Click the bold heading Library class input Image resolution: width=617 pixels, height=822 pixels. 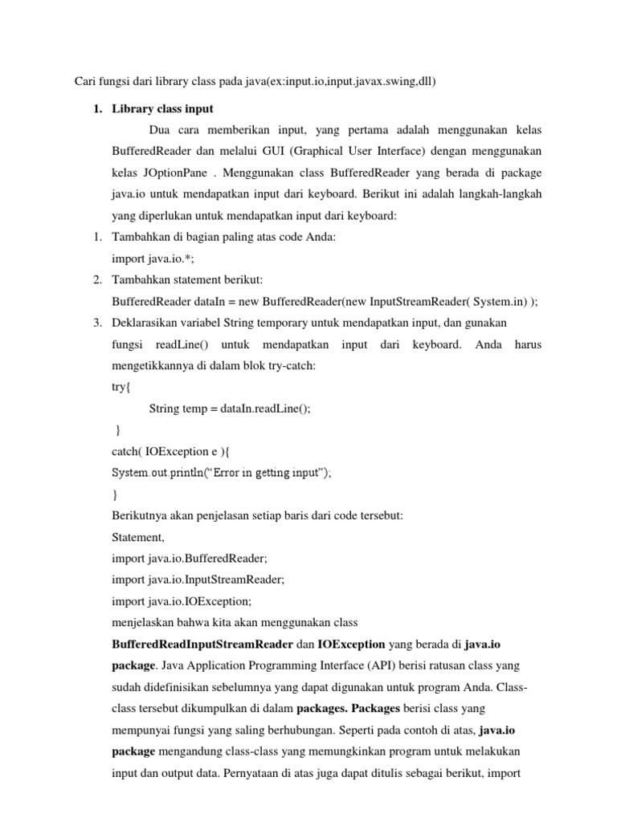[163, 108]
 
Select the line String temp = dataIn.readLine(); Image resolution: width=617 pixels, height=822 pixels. [229, 408]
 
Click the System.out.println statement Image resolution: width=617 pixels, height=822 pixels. [221, 473]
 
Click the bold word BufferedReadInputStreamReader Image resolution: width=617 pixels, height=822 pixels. [202, 644]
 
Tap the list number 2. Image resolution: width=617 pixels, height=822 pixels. [95, 279]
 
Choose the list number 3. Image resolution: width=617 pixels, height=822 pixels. [95, 323]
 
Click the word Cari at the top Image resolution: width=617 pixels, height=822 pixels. [86, 81]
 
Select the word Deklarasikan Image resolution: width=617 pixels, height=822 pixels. [147, 323]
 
